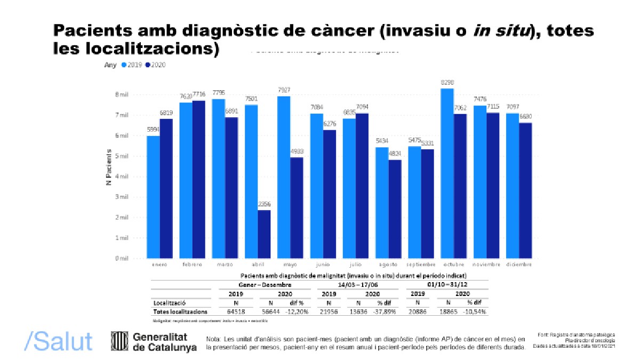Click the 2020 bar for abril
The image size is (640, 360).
(x=264, y=234)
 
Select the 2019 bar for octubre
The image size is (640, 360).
(x=447, y=173)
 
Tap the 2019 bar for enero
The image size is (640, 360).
(x=153, y=197)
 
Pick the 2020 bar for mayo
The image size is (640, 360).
(x=297, y=208)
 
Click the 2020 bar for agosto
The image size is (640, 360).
(x=395, y=209)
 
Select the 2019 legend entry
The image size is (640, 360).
(x=133, y=65)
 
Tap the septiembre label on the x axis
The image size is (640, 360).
(x=421, y=265)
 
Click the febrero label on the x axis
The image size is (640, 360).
(x=192, y=265)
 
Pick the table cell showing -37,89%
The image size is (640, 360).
(x=385, y=311)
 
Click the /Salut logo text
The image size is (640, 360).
(x=59, y=341)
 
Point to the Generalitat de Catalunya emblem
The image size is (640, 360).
(x=118, y=341)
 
